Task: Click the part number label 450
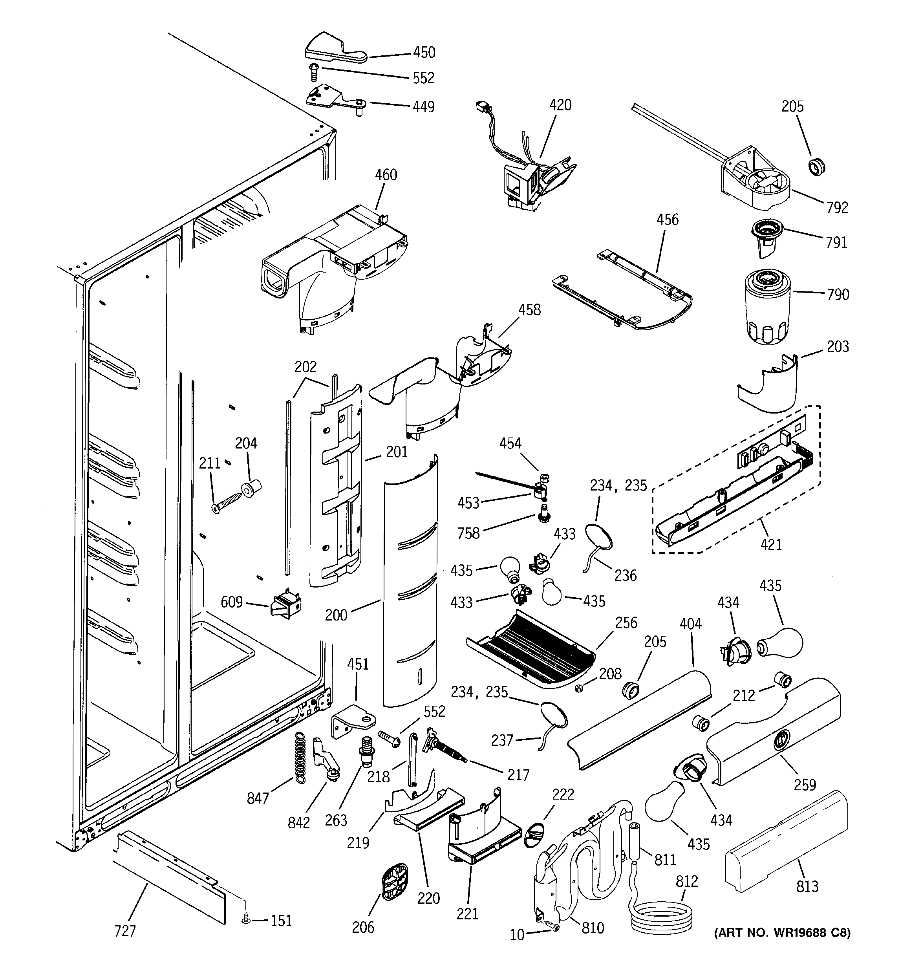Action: pyautogui.click(x=424, y=52)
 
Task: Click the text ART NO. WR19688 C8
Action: pyautogui.click(x=782, y=933)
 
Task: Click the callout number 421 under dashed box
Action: pyautogui.click(x=771, y=544)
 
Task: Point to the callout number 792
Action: pyautogui.click(x=837, y=207)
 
